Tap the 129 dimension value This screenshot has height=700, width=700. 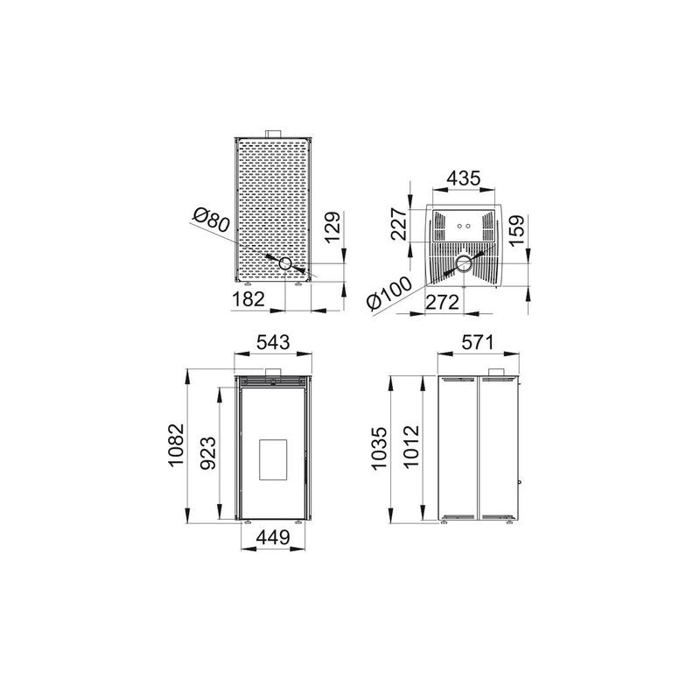(x=330, y=230)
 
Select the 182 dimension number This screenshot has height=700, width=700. (x=248, y=299)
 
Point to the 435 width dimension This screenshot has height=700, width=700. (x=463, y=178)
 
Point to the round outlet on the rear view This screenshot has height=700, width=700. (x=286, y=263)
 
